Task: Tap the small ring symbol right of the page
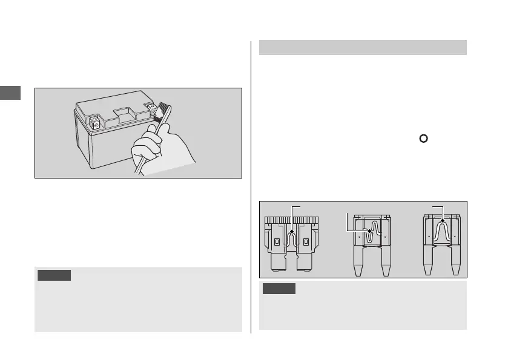coord(424,138)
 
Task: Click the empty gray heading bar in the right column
coord(363,47)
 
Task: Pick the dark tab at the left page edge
coord(10,93)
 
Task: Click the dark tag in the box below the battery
coord(54,276)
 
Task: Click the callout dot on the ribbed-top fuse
coord(292,231)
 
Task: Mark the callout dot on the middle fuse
coord(370,230)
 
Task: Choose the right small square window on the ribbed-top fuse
coord(306,243)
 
